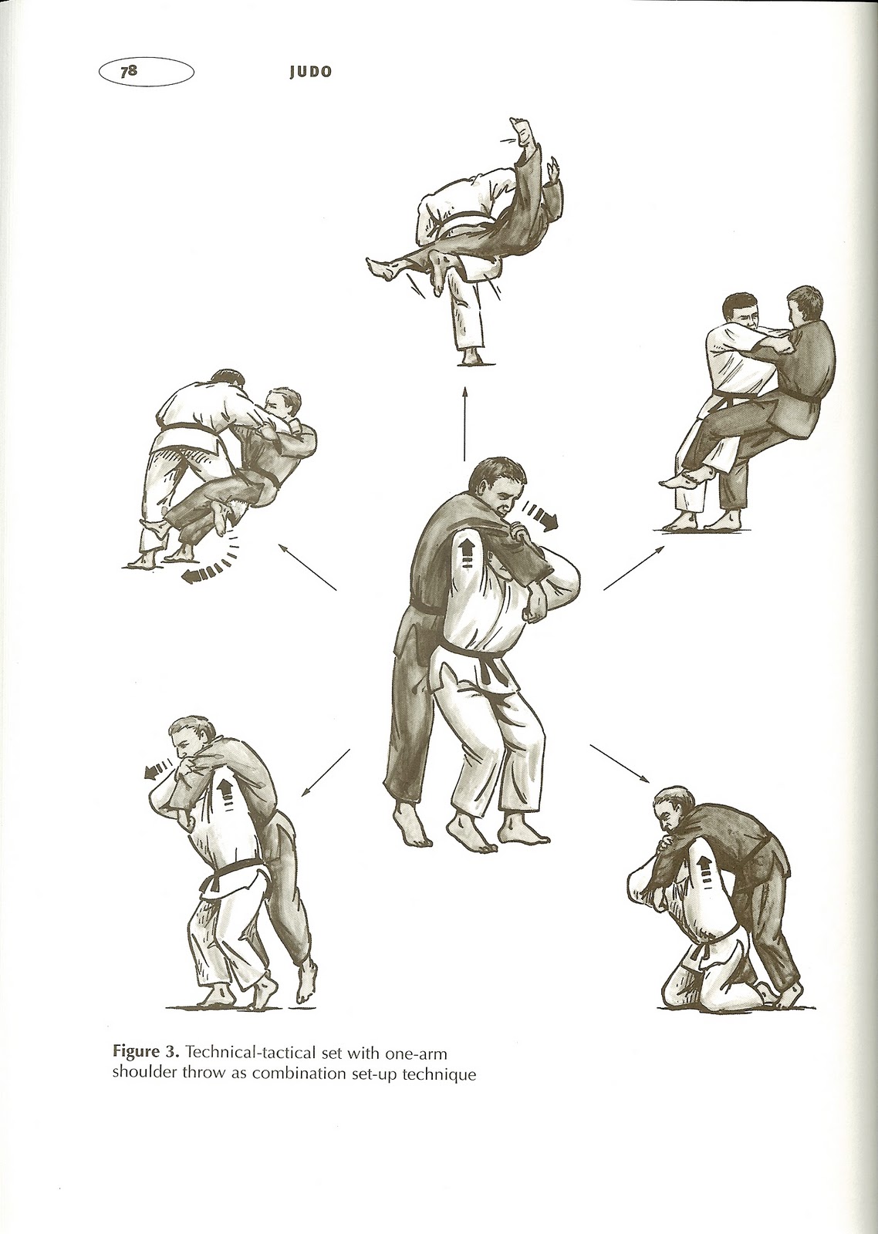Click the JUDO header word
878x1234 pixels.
pos(312,72)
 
